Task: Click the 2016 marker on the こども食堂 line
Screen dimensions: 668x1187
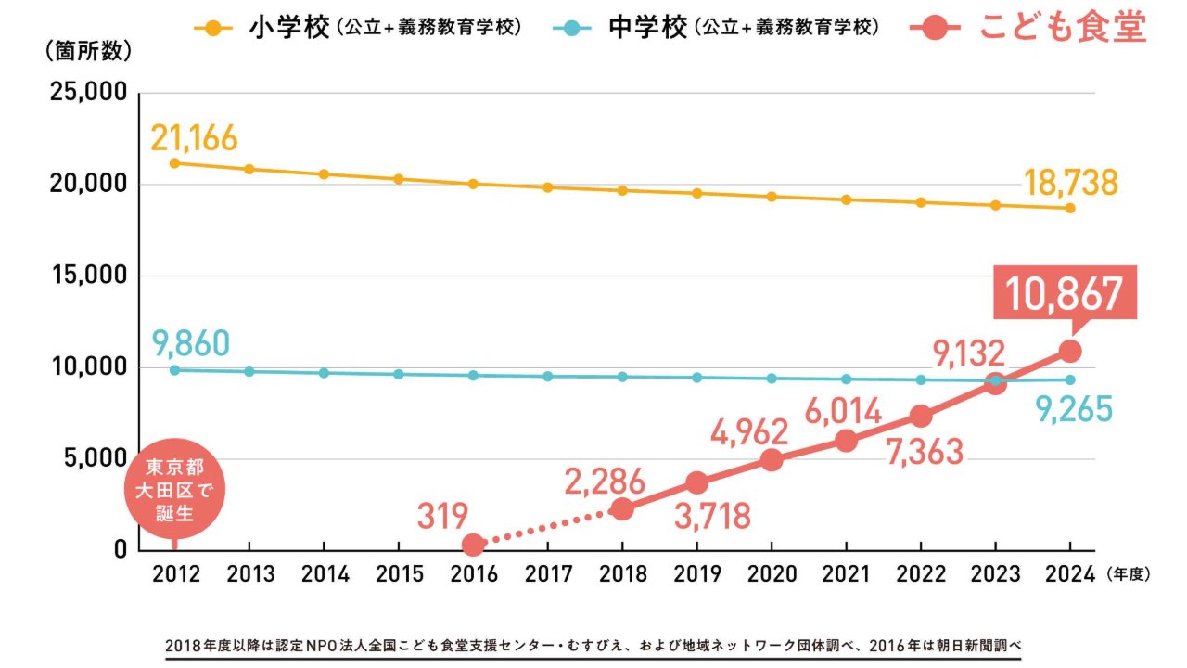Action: click(473, 545)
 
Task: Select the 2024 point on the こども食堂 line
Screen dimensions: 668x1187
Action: click(1069, 351)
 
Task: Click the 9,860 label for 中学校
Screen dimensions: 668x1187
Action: click(190, 344)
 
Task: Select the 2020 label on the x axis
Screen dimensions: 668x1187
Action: click(772, 574)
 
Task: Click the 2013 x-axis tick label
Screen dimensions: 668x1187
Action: click(249, 574)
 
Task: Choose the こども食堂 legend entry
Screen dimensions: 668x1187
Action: click(1063, 29)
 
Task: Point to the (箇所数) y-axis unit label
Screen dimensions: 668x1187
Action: click(88, 52)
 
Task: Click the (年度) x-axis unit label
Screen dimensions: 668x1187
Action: click(1128, 574)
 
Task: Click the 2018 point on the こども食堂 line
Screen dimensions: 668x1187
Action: click(622, 508)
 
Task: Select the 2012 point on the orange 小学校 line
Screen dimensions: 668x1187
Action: click(174, 163)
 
